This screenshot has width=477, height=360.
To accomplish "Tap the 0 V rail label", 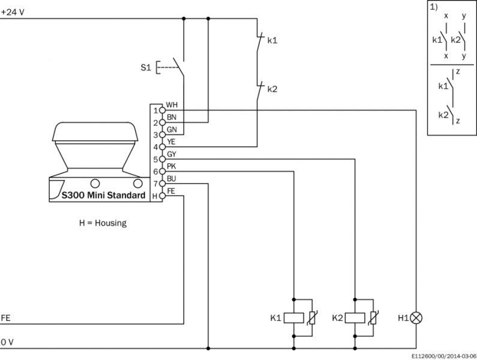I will [7, 341].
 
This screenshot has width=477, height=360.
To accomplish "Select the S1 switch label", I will [145, 67].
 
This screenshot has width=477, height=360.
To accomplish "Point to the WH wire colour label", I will [171, 105].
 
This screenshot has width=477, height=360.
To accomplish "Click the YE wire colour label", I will [171, 142].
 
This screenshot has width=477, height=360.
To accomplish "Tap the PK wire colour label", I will [171, 166].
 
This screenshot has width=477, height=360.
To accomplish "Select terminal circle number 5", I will [161, 160].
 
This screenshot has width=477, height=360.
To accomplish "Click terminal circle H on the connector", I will [161, 196].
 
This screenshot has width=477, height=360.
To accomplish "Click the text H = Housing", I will [103, 223].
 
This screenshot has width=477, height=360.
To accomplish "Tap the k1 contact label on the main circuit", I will [272, 41].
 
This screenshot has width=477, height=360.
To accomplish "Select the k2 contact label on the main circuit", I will [272, 89].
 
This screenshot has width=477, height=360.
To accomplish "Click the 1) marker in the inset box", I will [434, 8].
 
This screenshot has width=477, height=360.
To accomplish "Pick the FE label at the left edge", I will [6, 317].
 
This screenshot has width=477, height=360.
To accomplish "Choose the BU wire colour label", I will [171, 178].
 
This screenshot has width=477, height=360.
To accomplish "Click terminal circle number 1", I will [161, 110].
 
